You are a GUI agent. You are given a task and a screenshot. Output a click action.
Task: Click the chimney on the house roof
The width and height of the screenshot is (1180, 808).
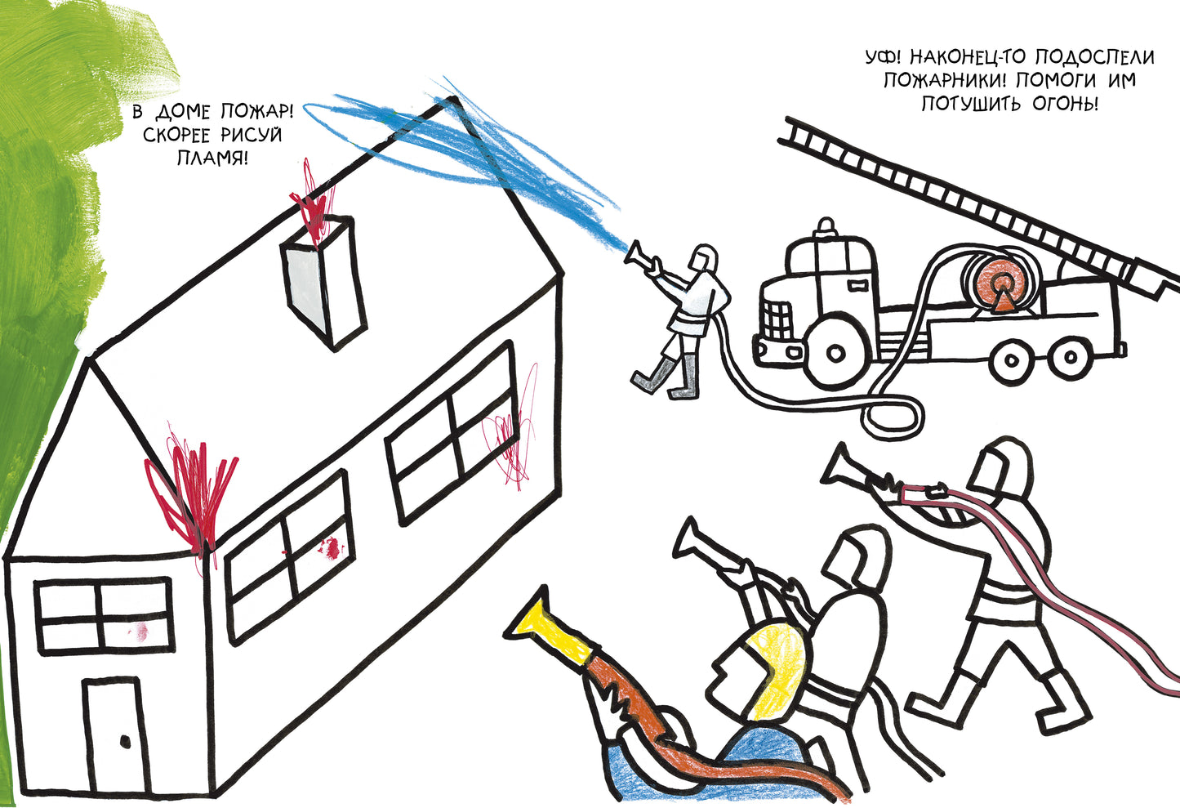[x=323, y=282]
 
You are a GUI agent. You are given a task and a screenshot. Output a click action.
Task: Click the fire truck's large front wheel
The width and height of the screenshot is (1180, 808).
[x=835, y=351]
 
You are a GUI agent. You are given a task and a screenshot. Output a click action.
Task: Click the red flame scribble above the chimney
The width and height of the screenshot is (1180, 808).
[x=314, y=204]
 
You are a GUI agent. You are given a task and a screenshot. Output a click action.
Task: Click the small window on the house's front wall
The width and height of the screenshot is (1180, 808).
[x=102, y=614]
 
